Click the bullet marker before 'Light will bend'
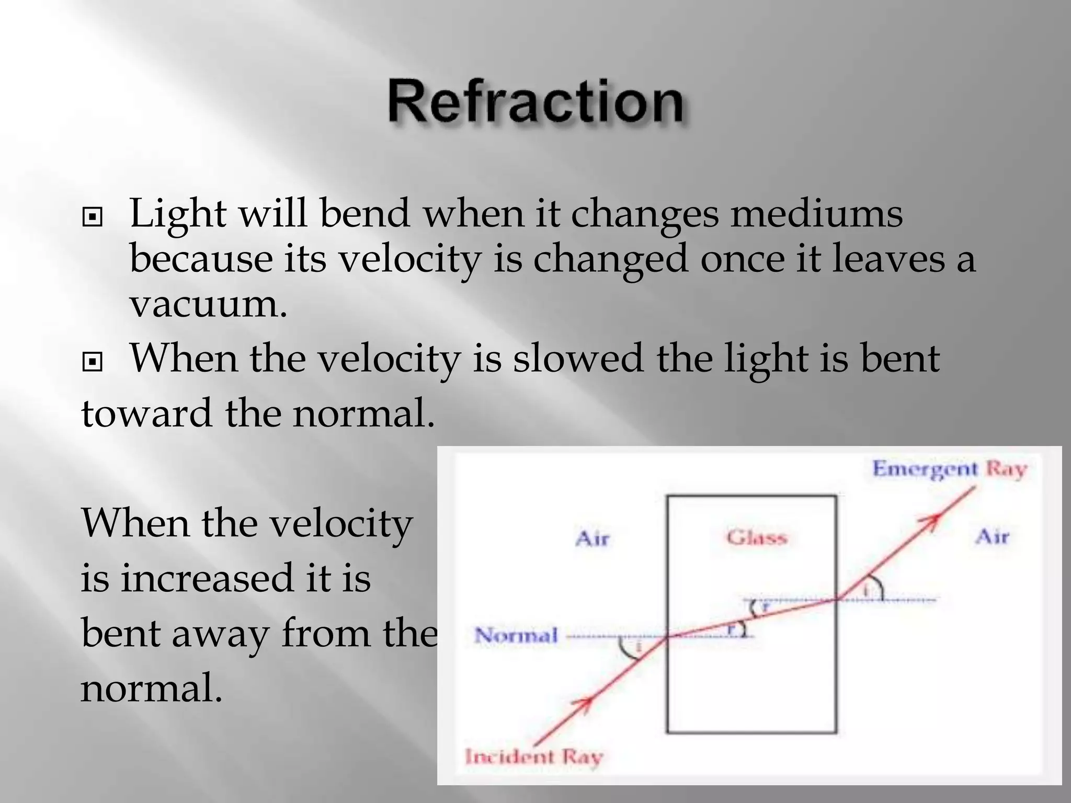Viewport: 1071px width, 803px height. coord(93,217)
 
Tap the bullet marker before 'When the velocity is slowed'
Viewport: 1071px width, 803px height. coord(93,361)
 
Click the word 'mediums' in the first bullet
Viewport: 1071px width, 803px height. coord(816,214)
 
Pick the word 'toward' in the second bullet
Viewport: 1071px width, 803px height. coord(146,413)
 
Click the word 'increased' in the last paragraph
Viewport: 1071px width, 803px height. coord(207,578)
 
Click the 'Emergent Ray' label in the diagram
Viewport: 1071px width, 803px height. coord(949,469)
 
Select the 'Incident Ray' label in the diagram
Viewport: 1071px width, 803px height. coord(534,756)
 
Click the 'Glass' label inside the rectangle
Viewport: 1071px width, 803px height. coord(756,537)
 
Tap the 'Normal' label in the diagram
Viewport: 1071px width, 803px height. coord(516,636)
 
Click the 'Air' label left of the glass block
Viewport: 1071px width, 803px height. coord(592,538)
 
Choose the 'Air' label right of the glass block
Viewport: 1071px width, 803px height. coord(992,537)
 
